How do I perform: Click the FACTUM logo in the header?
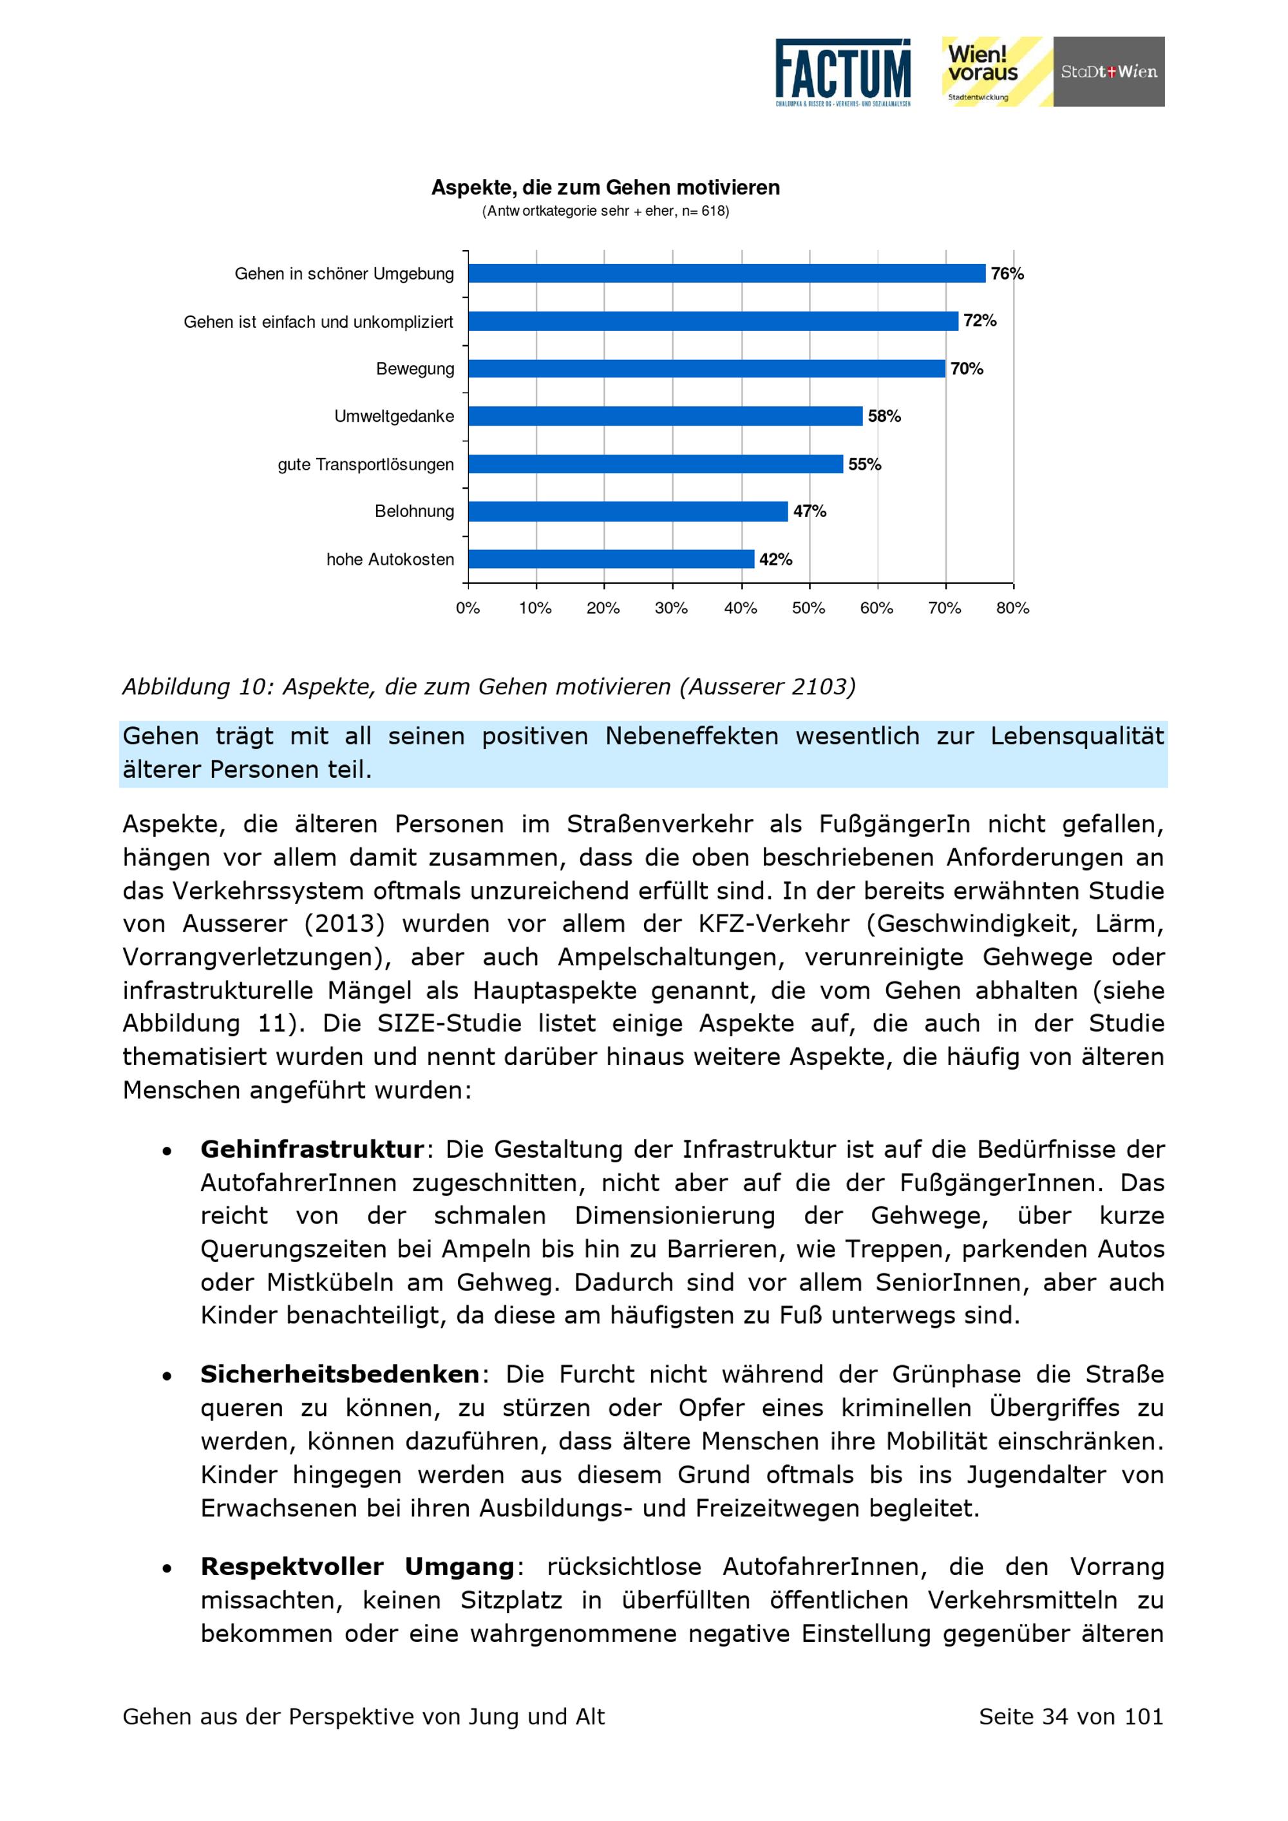(842, 72)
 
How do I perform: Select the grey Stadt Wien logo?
(1109, 71)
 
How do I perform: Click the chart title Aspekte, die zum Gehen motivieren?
(605, 188)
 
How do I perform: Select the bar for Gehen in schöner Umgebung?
(726, 274)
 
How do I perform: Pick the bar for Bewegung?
(706, 369)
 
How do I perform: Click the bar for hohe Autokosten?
(611, 559)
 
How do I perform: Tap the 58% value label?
(884, 417)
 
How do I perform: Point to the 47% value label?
(810, 511)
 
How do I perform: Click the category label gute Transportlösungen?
(366, 465)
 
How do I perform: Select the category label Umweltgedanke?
(394, 417)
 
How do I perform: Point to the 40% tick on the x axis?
(741, 609)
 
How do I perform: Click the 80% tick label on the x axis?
(1013, 609)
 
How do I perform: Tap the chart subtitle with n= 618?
(605, 211)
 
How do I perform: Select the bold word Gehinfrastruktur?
(312, 1149)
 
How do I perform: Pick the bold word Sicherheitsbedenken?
(339, 1375)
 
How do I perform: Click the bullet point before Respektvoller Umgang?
(167, 1569)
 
